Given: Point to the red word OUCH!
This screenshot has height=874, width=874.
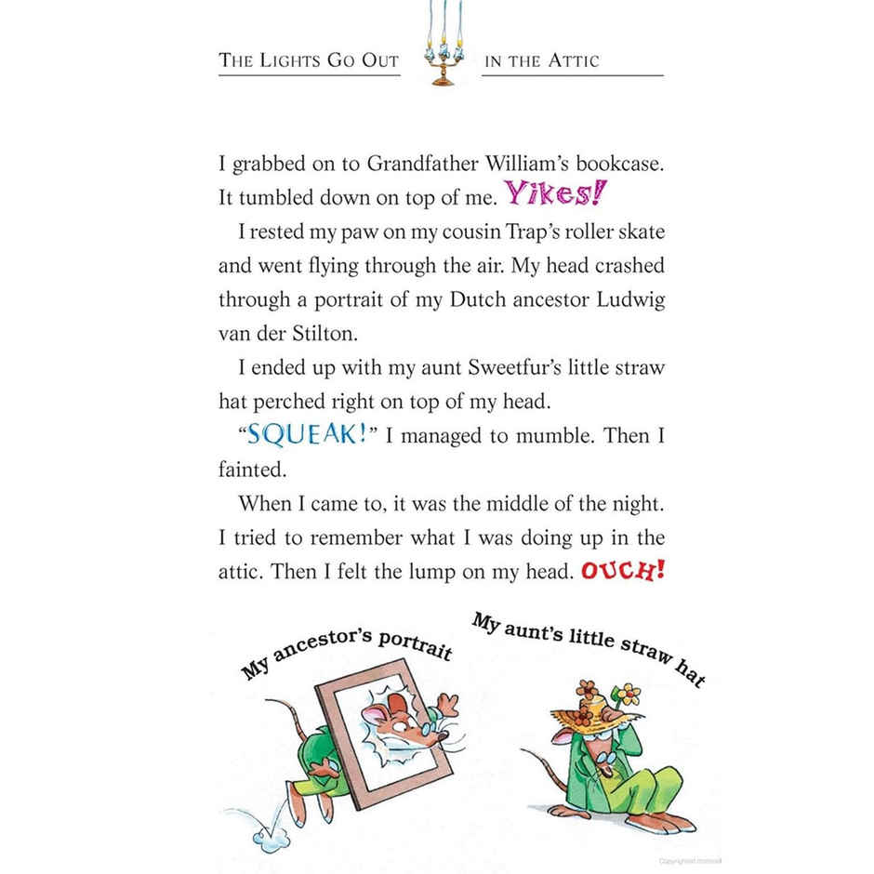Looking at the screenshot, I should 622,570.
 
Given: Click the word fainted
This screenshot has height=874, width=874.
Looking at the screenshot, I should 251,470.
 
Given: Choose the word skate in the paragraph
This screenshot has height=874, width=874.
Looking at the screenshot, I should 641,232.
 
